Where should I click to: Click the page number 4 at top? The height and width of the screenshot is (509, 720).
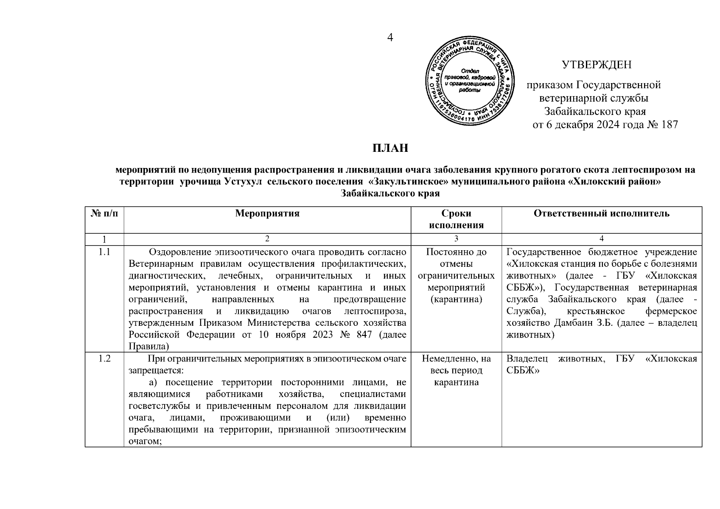point(390,38)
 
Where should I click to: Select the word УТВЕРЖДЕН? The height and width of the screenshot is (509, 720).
point(597,65)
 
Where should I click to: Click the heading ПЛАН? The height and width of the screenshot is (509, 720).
point(390,148)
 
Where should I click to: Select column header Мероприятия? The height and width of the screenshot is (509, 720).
point(267,213)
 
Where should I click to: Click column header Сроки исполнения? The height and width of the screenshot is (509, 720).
point(456,219)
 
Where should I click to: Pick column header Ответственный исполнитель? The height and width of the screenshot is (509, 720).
point(602,213)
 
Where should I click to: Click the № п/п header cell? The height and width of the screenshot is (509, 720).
point(104,213)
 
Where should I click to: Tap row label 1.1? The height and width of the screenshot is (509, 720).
point(104,252)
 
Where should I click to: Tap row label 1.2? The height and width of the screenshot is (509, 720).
point(104,359)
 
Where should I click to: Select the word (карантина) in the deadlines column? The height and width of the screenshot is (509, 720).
point(456,299)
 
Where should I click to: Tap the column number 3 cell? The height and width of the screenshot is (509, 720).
point(456,239)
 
